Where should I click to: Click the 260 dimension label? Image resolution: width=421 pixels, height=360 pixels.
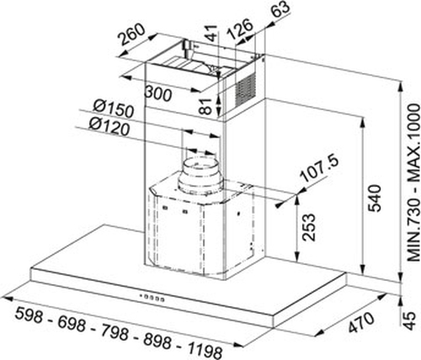pyautogui.click(x=132, y=34)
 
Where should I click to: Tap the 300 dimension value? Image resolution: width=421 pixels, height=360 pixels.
pyautogui.click(x=157, y=93)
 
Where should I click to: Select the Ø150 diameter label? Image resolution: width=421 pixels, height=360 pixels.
pyautogui.click(x=113, y=109)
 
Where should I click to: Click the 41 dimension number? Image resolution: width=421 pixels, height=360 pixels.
pyautogui.click(x=212, y=33)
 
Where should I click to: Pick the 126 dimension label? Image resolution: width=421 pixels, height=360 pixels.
pyautogui.click(x=239, y=29)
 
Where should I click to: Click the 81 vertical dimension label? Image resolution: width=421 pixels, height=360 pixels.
pyautogui.click(x=206, y=106)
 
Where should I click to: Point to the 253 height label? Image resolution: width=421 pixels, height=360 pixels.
pyautogui.click(x=308, y=227)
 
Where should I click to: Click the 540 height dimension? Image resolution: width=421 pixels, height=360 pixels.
pyautogui.click(x=376, y=198)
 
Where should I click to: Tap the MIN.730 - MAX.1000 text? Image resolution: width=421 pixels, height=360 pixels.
pyautogui.click(x=413, y=183)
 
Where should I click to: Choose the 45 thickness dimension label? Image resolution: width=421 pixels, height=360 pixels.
pyautogui.click(x=410, y=320)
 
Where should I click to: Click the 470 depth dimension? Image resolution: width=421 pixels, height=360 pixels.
pyautogui.click(x=361, y=322)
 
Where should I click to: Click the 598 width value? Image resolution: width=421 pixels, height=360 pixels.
pyautogui.click(x=29, y=315)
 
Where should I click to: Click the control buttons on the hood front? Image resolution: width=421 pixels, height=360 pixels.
pyautogui.click(x=152, y=298)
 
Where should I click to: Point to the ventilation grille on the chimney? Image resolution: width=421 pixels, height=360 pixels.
pyautogui.click(x=246, y=88)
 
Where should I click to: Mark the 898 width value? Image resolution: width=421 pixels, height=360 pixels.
pyautogui.click(x=157, y=341)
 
